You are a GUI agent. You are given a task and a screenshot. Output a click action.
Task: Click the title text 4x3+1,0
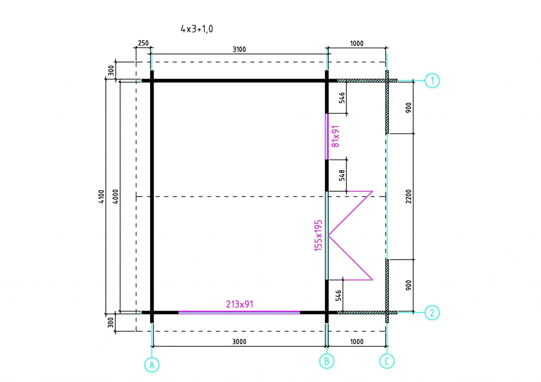coord(197,29)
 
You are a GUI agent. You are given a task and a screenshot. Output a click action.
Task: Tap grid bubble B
coord(327,361)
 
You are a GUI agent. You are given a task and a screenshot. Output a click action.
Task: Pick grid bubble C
coord(387,361)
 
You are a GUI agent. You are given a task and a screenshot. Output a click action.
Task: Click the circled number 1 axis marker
coord(432,81)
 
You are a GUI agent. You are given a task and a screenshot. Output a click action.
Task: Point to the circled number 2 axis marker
coord(432,313)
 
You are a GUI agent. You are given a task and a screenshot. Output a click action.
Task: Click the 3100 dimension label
coord(239,49)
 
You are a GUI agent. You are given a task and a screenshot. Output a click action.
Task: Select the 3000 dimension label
coord(239,342)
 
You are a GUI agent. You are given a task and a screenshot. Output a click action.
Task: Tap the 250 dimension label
coord(143,43)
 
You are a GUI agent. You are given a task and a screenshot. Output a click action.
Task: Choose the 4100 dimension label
coord(101,196)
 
